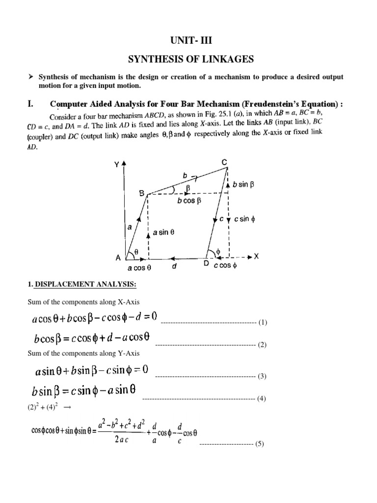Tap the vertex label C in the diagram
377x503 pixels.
[x=224, y=163]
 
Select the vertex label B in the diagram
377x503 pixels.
[x=141, y=194]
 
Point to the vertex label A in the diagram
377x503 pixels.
[x=118, y=257]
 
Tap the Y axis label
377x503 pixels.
[x=116, y=165]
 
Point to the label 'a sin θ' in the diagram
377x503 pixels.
[x=164, y=234]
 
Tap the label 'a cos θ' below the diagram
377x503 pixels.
[x=139, y=268]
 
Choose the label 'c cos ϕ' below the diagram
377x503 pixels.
[x=225, y=266]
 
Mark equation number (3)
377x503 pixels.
[x=262, y=376]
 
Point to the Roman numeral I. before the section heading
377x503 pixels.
[x=30, y=104]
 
